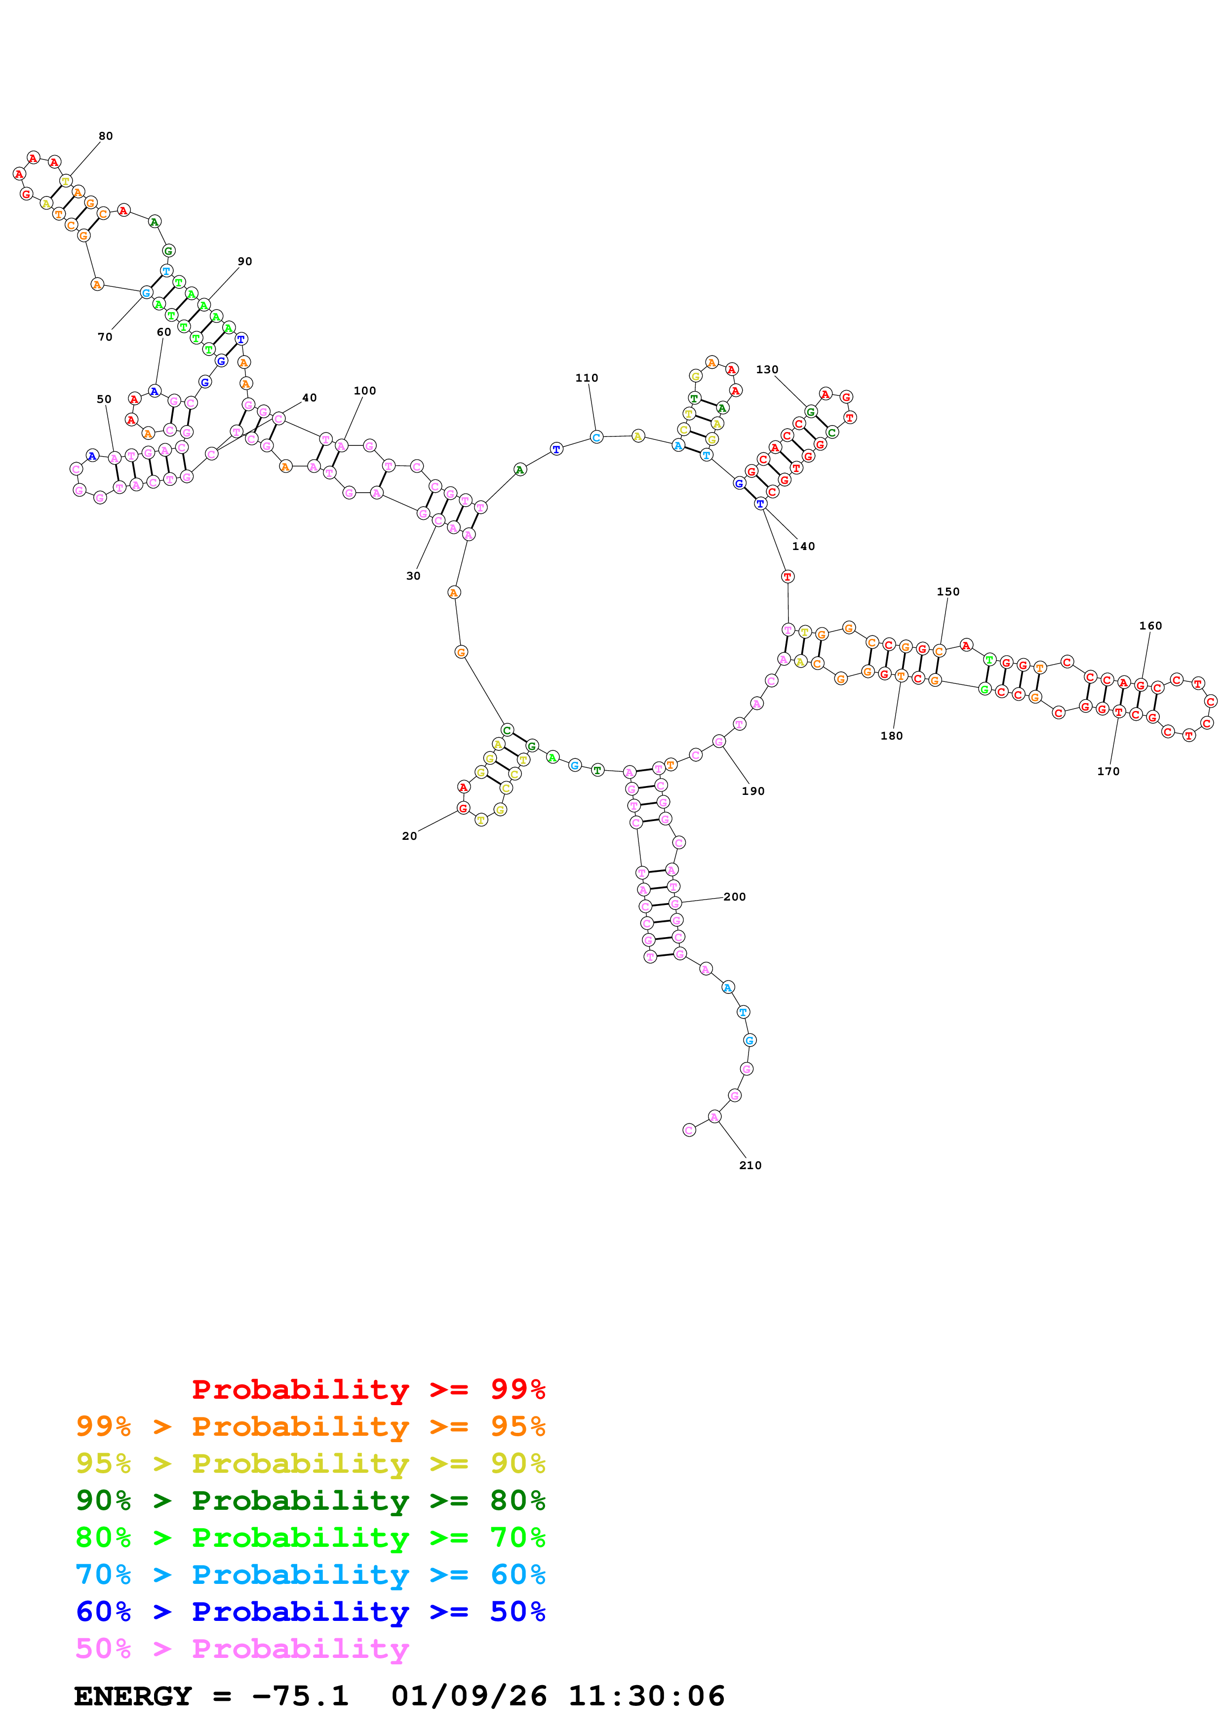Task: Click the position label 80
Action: coord(106,136)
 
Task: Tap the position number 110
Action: coord(586,378)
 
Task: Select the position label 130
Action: coord(766,370)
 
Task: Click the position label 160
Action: coord(1149,626)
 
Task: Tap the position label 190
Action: coord(752,790)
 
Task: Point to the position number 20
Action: coord(409,836)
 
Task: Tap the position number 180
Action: coord(891,736)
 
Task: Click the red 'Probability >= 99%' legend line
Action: coord(368,1389)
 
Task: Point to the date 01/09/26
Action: coord(469,1696)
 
